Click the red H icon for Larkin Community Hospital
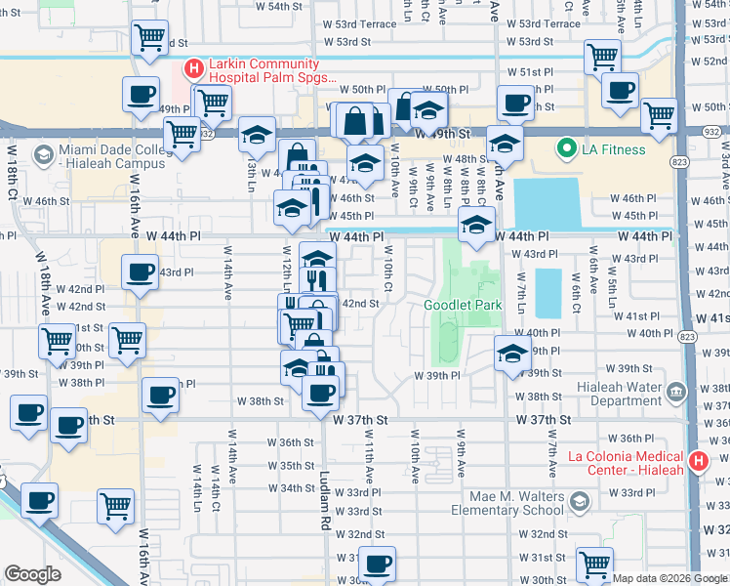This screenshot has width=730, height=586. (x=193, y=68)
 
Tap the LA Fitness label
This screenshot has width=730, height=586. (x=615, y=149)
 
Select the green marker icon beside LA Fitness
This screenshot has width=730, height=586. (x=564, y=149)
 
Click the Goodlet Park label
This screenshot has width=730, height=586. (x=463, y=305)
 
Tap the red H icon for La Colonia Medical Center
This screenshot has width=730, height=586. (x=697, y=462)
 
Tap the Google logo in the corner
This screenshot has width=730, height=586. (x=33, y=573)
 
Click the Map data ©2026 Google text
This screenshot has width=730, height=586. (x=669, y=578)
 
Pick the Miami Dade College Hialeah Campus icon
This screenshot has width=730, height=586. (x=42, y=154)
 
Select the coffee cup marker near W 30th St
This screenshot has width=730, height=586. (x=377, y=563)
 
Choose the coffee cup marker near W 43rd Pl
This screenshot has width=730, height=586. (x=141, y=271)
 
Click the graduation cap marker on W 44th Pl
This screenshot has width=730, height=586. (x=475, y=225)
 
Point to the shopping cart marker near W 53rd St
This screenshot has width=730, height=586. (x=149, y=38)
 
